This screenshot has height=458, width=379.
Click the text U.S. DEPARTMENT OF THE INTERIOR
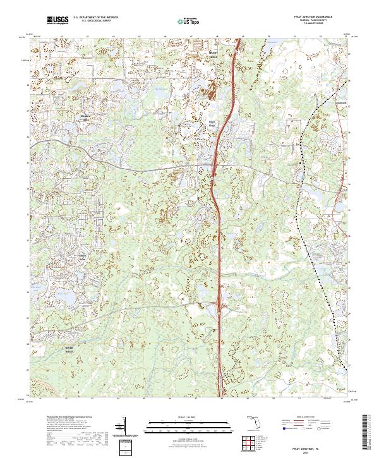95,18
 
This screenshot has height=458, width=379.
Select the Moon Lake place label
83,256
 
